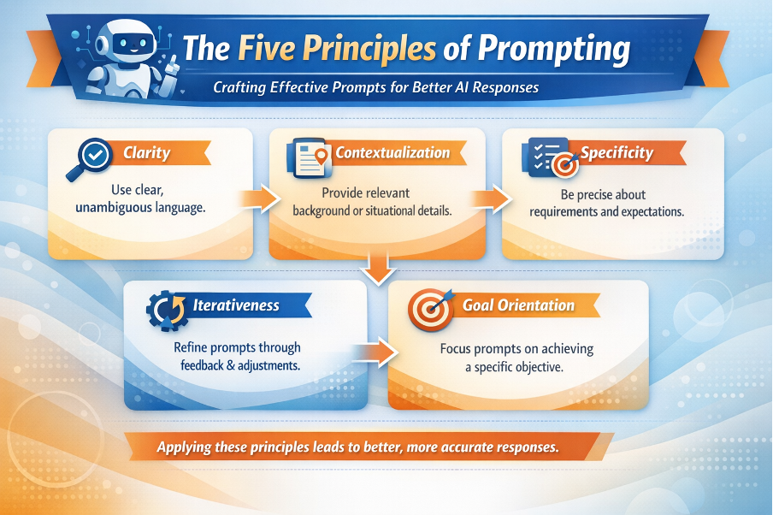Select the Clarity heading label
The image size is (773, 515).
pyautogui.click(x=146, y=152)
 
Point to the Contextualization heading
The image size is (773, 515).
pyautogui.click(x=392, y=152)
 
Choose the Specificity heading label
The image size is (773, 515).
pyautogui.click(x=617, y=153)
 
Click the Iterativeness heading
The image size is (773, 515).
pyautogui.click(x=236, y=305)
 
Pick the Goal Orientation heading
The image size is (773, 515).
pyautogui.click(x=518, y=305)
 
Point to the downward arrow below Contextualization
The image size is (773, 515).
pyautogui.click(x=378, y=268)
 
